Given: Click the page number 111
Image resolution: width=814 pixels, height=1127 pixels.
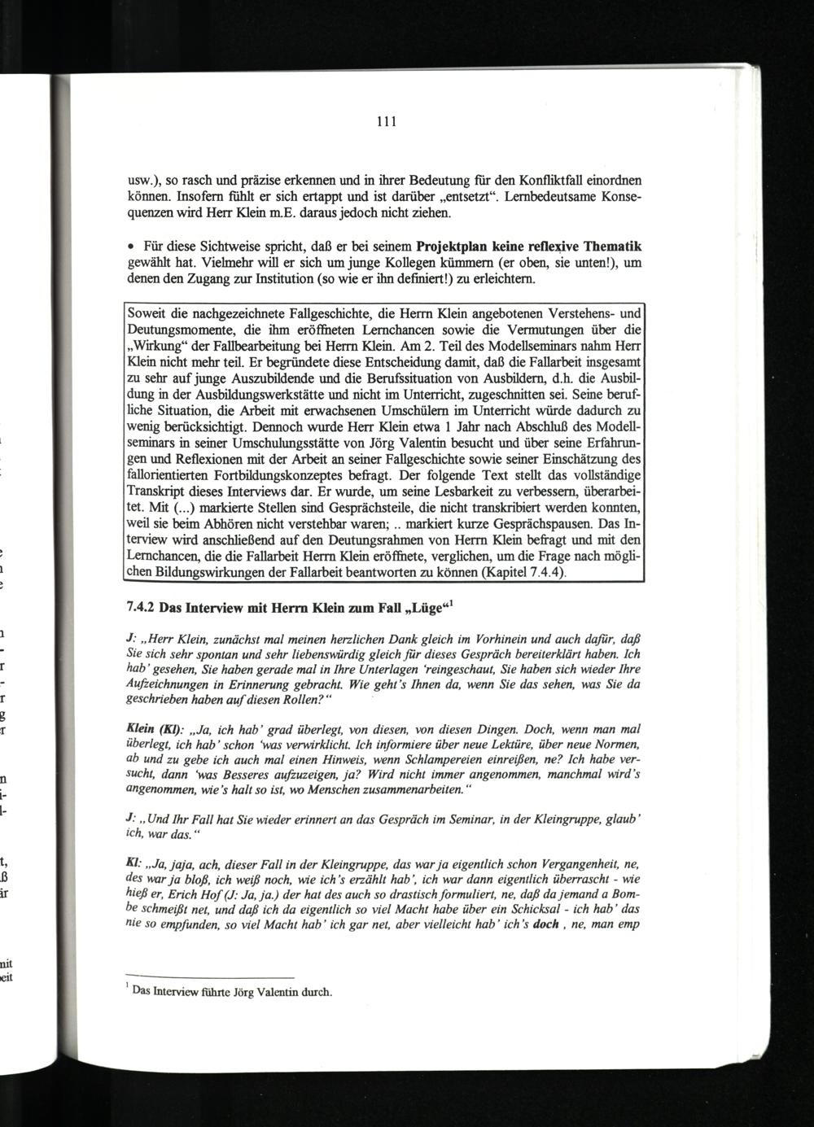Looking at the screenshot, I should pos(386,123).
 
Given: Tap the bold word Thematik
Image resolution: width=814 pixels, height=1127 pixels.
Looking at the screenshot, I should pos(611,246).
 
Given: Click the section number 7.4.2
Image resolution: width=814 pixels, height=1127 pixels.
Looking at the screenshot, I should pos(142,607).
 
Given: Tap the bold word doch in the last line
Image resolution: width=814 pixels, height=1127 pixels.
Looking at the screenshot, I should pos(545,924).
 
